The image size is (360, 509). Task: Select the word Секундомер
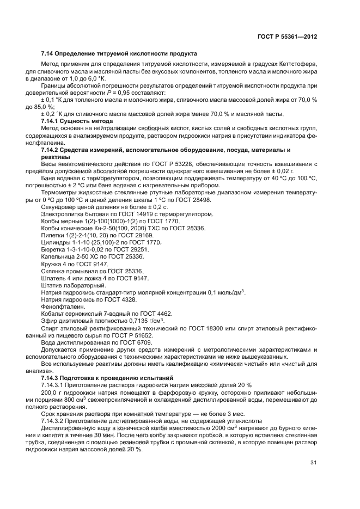point(58,207)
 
